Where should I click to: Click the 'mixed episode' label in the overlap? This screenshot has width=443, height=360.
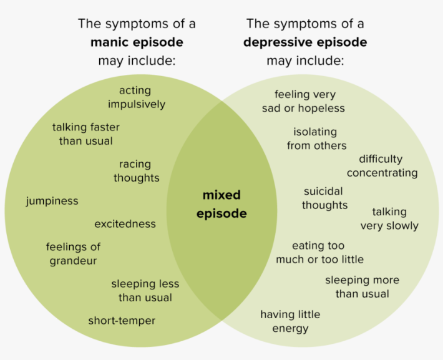pyautogui.click(x=221, y=204)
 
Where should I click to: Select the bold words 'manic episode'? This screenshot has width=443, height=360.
pyautogui.click(x=137, y=42)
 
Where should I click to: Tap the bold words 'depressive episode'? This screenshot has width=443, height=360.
pyautogui.click(x=305, y=42)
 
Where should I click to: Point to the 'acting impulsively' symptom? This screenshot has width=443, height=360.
pyautogui.click(x=136, y=97)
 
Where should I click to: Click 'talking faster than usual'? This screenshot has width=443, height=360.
pyautogui.click(x=86, y=134)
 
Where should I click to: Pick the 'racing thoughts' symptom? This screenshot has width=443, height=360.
pyautogui.click(x=136, y=171)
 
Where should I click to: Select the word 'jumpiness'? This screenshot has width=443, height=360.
pyautogui.click(x=52, y=201)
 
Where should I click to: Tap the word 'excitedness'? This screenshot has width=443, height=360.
pyautogui.click(x=125, y=224)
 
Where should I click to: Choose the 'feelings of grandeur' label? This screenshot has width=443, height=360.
pyautogui.click(x=73, y=253)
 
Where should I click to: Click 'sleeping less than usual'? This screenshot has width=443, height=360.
pyautogui.click(x=145, y=291)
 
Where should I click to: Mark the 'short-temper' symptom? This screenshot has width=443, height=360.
pyautogui.click(x=122, y=321)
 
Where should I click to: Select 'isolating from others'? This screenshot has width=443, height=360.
pyautogui.click(x=316, y=139)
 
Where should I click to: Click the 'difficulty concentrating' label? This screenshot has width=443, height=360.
pyautogui.click(x=382, y=166)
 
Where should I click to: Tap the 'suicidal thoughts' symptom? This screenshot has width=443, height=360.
pyautogui.click(x=324, y=198)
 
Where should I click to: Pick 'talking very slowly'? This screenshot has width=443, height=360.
pyautogui.click(x=389, y=218)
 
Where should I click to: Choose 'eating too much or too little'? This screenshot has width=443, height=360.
pyautogui.click(x=319, y=252)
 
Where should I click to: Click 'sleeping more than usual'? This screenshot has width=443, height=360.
pyautogui.click(x=362, y=287)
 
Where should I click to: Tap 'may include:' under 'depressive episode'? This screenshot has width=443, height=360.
pyautogui.click(x=305, y=61)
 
